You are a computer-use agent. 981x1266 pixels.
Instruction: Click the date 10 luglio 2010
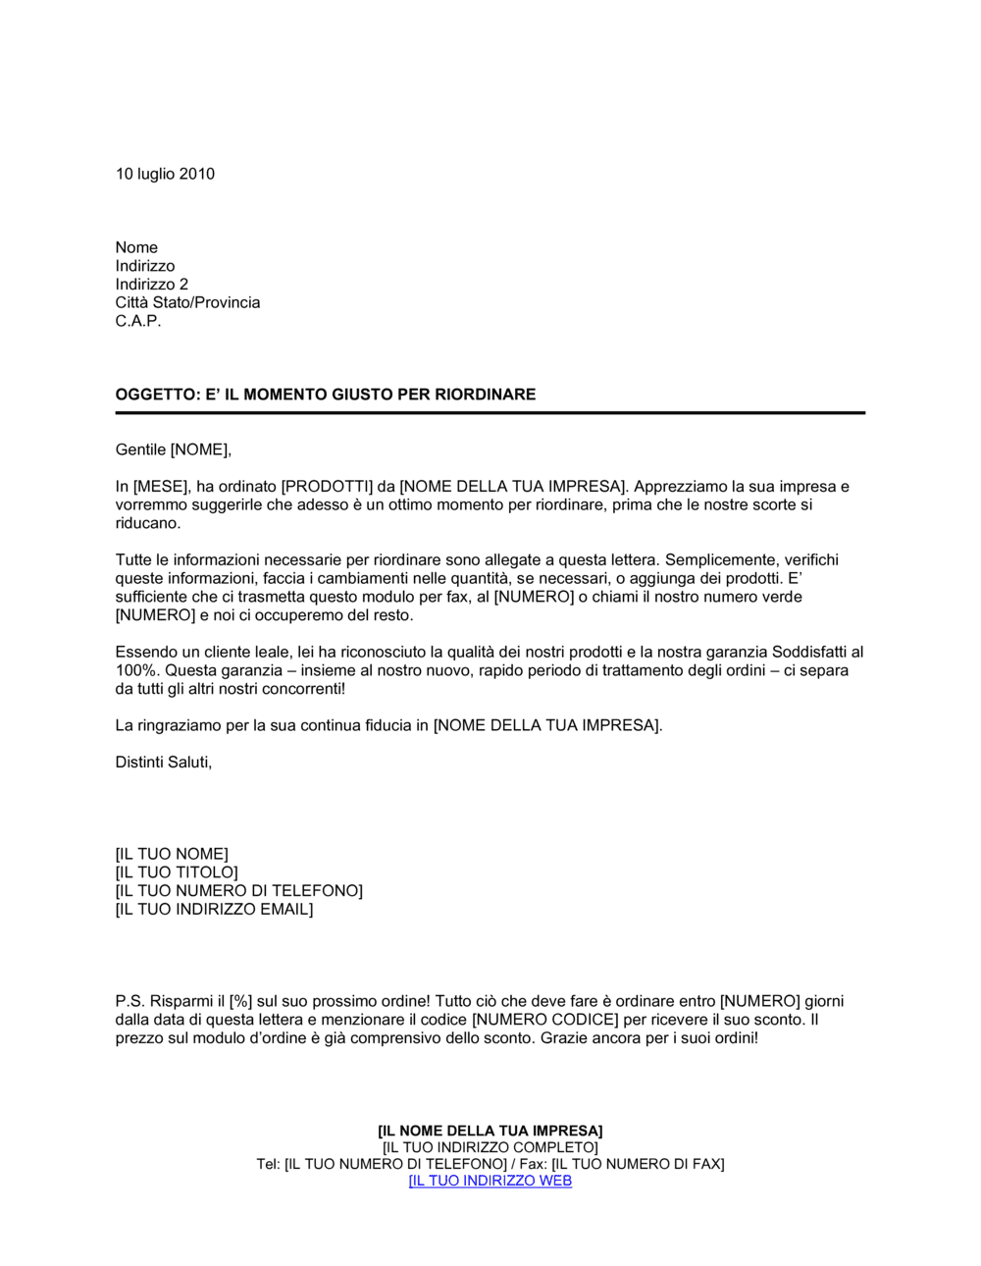click(x=165, y=174)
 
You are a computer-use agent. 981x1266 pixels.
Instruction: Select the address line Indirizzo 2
click(x=151, y=285)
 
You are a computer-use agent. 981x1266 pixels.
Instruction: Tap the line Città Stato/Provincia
click(x=187, y=302)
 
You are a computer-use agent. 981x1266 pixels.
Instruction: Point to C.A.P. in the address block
click(x=137, y=321)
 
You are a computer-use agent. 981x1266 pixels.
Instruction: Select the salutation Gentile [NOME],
click(x=173, y=449)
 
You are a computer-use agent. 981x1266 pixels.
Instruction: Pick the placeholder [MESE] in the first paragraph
click(x=160, y=487)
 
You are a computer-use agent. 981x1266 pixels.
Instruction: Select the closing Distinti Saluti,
click(x=163, y=763)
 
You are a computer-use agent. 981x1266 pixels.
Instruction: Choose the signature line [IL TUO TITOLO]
click(x=177, y=872)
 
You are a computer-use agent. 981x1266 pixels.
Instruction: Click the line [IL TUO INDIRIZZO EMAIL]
click(x=214, y=910)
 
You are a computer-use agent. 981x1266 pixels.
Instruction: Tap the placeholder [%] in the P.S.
click(x=240, y=1002)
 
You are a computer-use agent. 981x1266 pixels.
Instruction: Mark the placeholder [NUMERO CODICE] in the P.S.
click(x=545, y=1020)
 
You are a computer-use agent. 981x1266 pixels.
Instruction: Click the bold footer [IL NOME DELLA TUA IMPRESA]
click(x=490, y=1131)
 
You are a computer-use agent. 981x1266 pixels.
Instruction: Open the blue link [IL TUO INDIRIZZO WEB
click(x=490, y=1181)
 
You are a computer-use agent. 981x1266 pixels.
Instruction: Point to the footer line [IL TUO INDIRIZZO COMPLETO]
click(x=490, y=1147)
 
